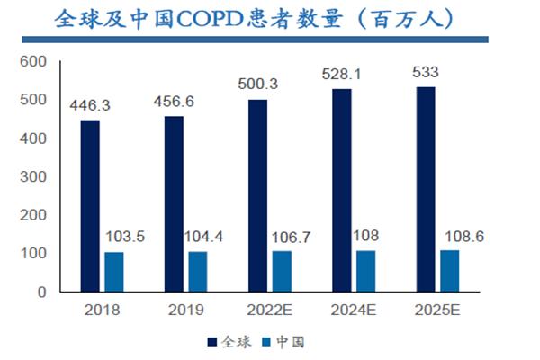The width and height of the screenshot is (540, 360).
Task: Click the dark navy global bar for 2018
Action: [91, 206]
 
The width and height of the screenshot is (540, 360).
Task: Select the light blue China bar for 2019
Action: [198, 272]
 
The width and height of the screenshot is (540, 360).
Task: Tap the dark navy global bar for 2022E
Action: [256, 195]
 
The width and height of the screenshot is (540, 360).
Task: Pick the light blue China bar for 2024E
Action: [366, 271]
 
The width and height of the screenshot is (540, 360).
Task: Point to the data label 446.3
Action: [92, 106]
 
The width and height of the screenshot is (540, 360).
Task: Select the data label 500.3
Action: [258, 85]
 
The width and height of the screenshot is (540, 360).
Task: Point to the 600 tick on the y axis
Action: [31, 61]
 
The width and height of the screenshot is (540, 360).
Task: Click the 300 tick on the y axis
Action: [31, 177]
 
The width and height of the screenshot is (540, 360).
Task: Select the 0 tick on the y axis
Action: [40, 292]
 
